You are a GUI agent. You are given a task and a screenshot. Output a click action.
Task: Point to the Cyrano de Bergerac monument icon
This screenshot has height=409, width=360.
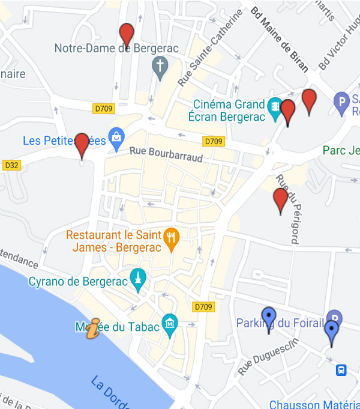coord(139,279)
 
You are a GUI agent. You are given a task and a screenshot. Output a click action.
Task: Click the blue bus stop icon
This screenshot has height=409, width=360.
coord(341,370)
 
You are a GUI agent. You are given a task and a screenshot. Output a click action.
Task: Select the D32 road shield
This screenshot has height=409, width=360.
coord(11,165)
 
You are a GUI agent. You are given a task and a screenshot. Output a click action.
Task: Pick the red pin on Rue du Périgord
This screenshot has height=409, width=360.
coord(280,200)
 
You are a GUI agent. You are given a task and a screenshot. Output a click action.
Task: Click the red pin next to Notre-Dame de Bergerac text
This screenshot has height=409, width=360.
coord(127,35)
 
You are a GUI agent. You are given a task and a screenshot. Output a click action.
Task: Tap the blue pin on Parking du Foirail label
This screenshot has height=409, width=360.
coord(269,318)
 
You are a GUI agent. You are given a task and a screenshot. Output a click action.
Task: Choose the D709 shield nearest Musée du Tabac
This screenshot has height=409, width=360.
coord(204,307)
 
